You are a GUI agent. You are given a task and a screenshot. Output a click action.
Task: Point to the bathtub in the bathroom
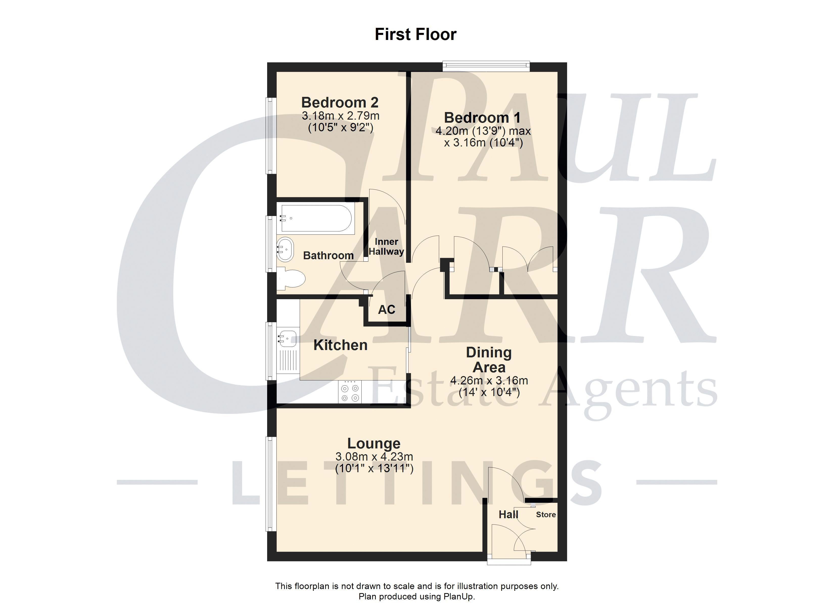pos(316,218)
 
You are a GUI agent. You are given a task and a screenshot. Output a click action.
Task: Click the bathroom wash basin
pos(285,250)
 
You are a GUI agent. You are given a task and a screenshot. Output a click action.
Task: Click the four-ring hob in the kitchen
pos(350,392)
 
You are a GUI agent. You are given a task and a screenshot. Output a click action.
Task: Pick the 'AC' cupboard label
pos(386,310)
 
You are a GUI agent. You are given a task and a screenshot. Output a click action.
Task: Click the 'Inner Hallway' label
pos(386,247)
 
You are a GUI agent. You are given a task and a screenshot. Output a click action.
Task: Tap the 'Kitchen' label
pos(340,345)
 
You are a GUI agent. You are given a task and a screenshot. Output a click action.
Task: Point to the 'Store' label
pos(546,515)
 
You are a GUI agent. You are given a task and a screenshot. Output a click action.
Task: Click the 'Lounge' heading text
pos(374,444)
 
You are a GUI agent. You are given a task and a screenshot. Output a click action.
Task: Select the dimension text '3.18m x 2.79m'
pos(340,116)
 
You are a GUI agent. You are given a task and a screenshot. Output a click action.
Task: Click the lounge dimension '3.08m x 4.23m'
pos(374,457)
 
